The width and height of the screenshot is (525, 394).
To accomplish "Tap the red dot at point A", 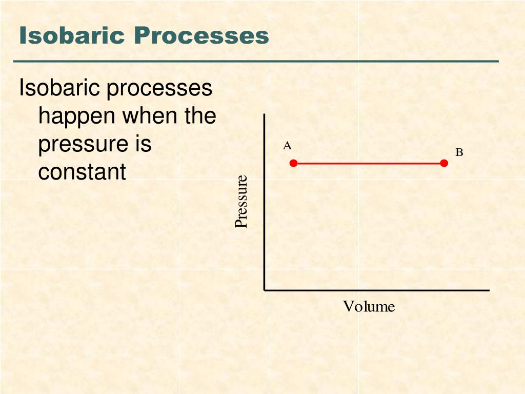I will (293, 163).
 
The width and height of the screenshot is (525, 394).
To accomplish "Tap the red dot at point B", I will (444, 163).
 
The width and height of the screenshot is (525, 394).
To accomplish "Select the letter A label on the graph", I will (287, 146).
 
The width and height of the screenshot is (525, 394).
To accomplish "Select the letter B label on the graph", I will (459, 152).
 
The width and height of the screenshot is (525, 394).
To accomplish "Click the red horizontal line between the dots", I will (369, 163).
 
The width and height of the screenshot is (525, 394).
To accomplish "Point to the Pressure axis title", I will (241, 202).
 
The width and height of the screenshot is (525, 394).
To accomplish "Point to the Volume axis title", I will (369, 307).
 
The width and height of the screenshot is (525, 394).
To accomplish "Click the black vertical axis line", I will (264, 205).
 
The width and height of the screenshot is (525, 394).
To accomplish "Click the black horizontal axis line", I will (377, 290).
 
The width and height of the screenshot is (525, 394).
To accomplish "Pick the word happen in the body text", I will (76, 117).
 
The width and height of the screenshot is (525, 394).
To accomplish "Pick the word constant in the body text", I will (82, 172).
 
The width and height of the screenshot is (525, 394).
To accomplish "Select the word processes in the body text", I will (159, 89).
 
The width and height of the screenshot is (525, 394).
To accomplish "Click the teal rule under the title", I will (256, 61).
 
